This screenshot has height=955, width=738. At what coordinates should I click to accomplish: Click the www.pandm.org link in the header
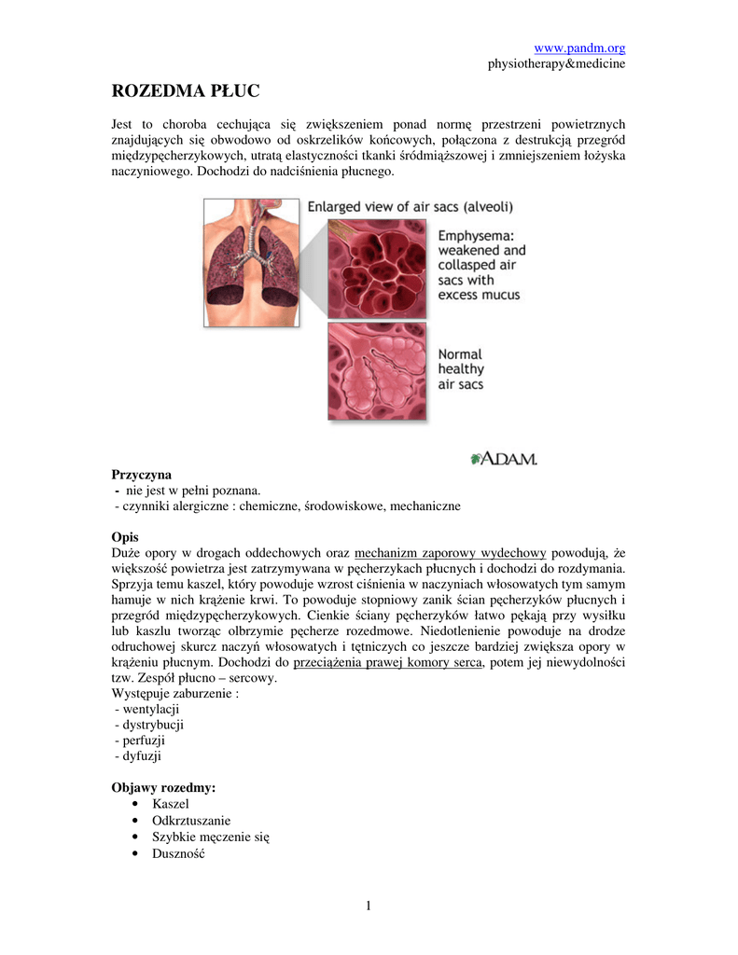tap(578, 48)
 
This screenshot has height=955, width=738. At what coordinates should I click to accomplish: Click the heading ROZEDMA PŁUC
tap(186, 91)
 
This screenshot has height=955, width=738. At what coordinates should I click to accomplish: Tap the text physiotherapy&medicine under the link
tap(556, 63)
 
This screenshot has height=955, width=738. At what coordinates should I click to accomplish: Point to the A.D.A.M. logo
tap(504, 458)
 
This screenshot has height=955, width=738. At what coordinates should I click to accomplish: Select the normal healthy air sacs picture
tap(376, 370)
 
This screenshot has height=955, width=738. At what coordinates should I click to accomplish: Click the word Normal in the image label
tap(461, 354)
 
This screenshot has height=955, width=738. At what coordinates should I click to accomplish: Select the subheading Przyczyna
tap(142, 475)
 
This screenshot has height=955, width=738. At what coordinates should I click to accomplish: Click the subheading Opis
tap(125, 537)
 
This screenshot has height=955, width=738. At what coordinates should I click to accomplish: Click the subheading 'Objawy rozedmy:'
tap(163, 788)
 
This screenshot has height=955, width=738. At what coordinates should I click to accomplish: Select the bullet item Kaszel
tap(171, 804)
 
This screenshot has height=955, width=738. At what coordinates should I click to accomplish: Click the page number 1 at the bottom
tap(369, 905)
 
